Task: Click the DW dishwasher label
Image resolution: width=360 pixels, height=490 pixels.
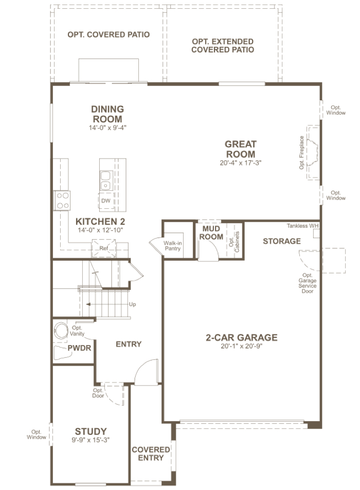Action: (105, 201)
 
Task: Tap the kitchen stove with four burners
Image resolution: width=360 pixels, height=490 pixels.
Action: (62, 201)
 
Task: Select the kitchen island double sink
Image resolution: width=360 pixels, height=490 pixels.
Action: (105, 180)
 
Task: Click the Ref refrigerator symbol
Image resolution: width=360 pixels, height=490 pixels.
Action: (103, 248)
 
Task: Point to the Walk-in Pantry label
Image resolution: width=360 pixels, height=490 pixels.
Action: (173, 246)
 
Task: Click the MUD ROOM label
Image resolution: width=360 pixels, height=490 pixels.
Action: (211, 233)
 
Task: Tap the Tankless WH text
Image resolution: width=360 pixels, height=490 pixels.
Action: (302, 226)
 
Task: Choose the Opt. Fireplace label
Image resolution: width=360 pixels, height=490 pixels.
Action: (301, 153)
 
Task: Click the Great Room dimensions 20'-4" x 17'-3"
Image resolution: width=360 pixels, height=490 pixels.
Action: (240, 163)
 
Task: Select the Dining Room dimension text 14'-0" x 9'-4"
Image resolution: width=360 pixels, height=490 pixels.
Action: (107, 128)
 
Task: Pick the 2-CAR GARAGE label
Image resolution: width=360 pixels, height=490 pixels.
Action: (242, 337)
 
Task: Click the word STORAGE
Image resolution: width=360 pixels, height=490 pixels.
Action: (282, 241)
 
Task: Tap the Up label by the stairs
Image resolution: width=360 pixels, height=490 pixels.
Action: (133, 304)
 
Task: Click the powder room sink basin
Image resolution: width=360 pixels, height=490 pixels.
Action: (61, 330)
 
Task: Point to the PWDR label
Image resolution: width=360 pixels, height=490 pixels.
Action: (79, 348)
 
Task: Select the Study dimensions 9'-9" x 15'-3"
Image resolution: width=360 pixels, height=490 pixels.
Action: (91, 440)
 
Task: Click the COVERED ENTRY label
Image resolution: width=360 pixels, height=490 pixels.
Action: (151, 453)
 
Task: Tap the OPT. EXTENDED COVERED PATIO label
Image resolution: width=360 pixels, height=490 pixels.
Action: (223, 46)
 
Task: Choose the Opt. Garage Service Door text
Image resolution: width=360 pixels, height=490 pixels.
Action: (308, 283)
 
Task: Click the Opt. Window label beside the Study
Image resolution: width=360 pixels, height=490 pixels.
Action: (36, 434)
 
